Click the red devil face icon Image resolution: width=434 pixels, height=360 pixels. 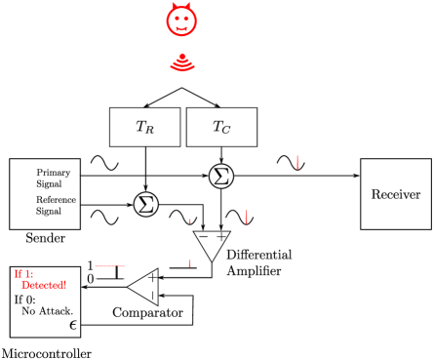click(x=181, y=20)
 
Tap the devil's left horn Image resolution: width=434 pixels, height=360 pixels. click(x=172, y=7)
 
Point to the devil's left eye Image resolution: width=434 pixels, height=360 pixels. click(x=176, y=17)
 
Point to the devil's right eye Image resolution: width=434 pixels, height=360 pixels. click(x=187, y=17)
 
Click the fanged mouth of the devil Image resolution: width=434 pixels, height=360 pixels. click(x=181, y=28)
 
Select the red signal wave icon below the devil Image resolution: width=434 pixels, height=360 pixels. click(x=181, y=63)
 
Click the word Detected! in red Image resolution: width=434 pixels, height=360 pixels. click(x=44, y=285)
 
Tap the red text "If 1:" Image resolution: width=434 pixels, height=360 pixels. click(x=23, y=274)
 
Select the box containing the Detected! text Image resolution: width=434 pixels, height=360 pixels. click(x=45, y=312)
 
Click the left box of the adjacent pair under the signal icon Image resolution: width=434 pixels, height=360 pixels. click(x=145, y=127)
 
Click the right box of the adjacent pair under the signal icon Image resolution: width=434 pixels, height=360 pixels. click(x=221, y=127)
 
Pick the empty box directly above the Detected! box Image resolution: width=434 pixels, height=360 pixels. click(x=45, y=193)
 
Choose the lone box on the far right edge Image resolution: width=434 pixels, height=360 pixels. click(x=395, y=193)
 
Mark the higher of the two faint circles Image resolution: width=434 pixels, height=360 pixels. click(x=221, y=176)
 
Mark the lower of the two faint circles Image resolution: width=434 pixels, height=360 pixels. click(x=146, y=204)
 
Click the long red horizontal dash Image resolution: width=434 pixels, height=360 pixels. click(x=104, y=265)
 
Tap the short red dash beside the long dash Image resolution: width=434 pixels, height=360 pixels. click(x=122, y=265)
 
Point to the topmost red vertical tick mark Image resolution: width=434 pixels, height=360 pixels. click(x=296, y=162)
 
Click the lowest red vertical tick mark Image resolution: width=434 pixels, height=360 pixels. click(x=189, y=262)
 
